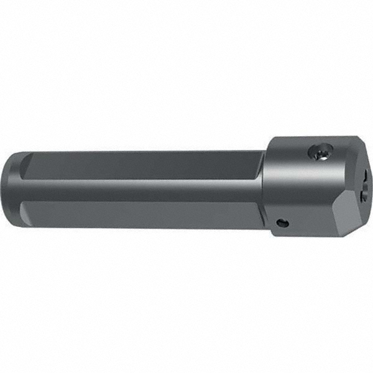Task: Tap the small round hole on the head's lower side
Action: coord(282,221)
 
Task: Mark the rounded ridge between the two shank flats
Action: coord(143,191)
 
